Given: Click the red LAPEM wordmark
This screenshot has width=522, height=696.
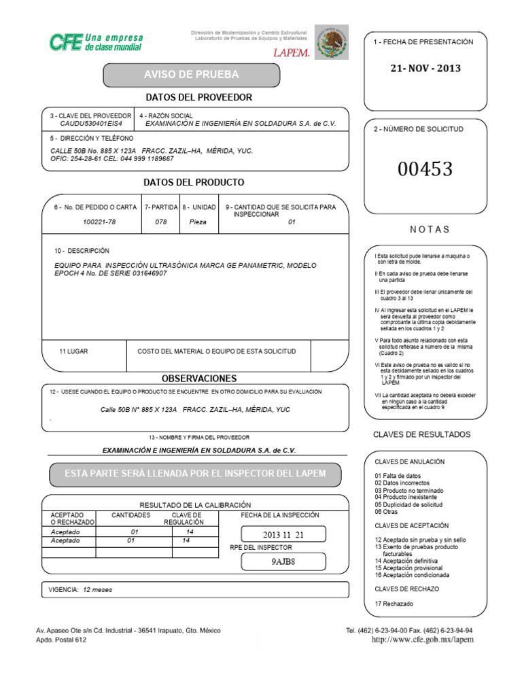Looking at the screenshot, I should pos(292,52).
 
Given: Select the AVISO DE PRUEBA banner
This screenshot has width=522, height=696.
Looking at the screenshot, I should pos(191,74).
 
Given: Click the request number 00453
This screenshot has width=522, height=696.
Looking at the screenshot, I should pos(425,169).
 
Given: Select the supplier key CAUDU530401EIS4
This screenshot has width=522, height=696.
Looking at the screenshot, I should pos(91,124).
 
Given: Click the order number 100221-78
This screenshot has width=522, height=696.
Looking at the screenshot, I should pos(99,222).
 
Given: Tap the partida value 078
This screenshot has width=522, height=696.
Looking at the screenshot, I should pos(160,222).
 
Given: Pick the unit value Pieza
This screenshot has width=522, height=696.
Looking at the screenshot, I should pos(198,222).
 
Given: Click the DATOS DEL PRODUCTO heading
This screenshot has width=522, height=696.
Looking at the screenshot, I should pos(194,183).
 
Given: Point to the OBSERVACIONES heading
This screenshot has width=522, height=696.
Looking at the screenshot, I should pos(199,379).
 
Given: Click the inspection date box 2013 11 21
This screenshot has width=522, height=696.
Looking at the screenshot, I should pos(283,535).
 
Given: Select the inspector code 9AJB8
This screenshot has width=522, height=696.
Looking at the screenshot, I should pos(283,561).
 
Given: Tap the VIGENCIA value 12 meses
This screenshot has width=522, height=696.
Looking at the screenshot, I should pos(97,590).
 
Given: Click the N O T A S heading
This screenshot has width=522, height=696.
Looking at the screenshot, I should pos(429,230).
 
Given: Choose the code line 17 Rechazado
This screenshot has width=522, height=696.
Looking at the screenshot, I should pos(394,604).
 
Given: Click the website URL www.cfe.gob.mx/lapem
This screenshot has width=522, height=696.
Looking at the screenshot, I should pos(423,640).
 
